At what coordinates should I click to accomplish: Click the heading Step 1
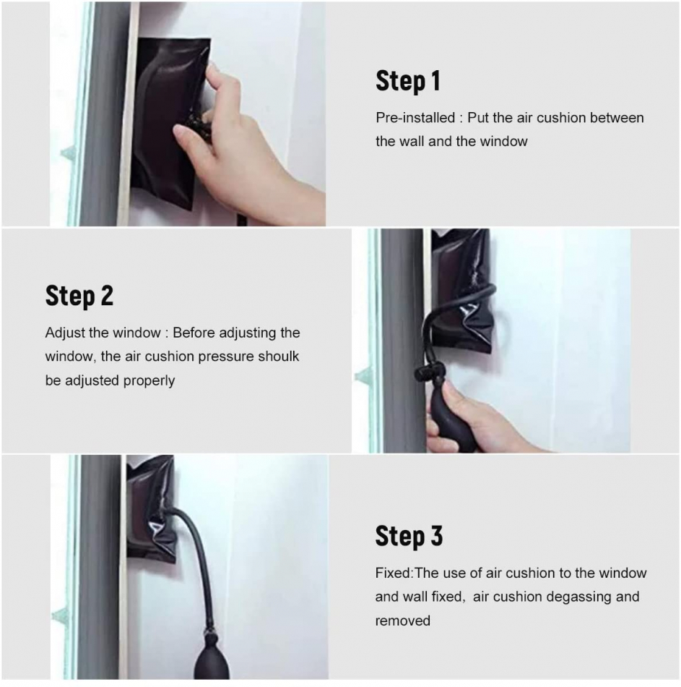407,81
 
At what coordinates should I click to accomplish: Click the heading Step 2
79,296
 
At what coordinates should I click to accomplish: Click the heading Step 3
409,536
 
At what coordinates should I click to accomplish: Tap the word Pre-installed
415,118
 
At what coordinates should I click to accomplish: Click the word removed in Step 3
403,620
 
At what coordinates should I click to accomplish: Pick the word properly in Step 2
149,380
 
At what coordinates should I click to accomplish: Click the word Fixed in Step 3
393,573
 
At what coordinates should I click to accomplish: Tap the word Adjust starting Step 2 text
65,333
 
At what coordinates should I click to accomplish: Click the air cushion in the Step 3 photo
151,508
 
